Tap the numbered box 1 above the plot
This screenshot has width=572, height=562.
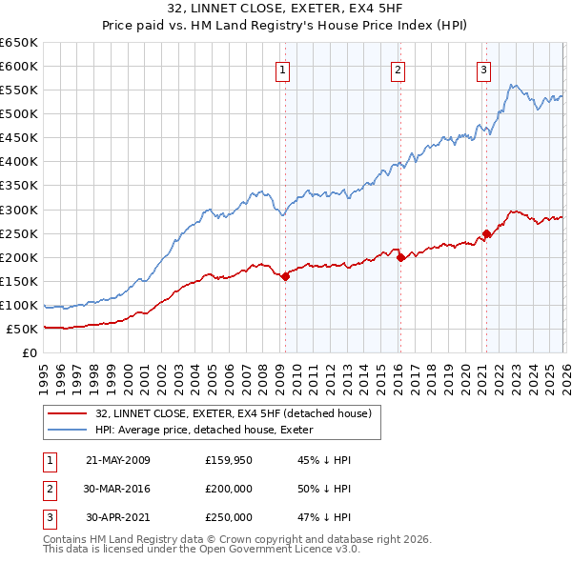coord(284,69)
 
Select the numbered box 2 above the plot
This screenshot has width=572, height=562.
coord(398,69)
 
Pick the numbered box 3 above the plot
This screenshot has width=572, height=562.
coord(484,69)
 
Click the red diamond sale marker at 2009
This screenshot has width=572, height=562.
coord(285,276)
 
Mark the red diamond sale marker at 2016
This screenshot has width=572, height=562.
coord(400,257)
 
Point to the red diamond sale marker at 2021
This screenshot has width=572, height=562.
coord(486,233)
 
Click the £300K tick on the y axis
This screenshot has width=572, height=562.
coord(19,210)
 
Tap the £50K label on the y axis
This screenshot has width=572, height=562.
coord(22,329)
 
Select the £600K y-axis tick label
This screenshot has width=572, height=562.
coord(19,66)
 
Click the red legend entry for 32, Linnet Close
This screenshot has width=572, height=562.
coord(238,412)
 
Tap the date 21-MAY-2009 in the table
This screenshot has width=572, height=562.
coord(117,460)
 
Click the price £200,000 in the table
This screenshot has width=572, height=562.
coord(229,489)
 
